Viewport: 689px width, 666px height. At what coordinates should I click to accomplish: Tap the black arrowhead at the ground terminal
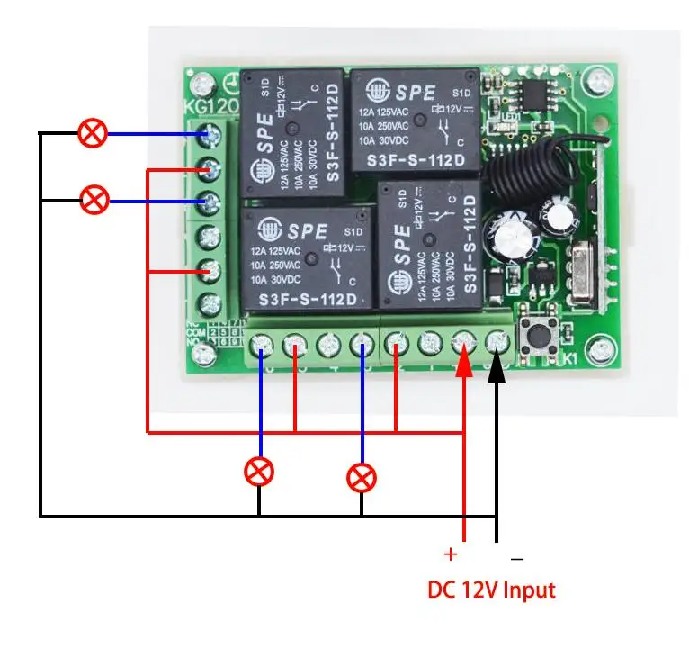click(497, 364)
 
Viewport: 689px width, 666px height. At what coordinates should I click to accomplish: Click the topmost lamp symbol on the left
click(92, 133)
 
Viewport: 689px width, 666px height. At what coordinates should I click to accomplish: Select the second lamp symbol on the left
click(94, 200)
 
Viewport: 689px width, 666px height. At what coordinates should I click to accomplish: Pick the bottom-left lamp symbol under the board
click(260, 471)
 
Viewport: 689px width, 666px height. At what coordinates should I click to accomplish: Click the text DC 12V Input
click(491, 590)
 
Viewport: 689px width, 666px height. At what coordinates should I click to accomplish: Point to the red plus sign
click(451, 554)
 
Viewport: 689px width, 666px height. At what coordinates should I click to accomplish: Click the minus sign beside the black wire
click(517, 558)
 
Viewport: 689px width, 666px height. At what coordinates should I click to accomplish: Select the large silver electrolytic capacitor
click(510, 238)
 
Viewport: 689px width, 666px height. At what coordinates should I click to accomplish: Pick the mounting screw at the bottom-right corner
click(598, 344)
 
